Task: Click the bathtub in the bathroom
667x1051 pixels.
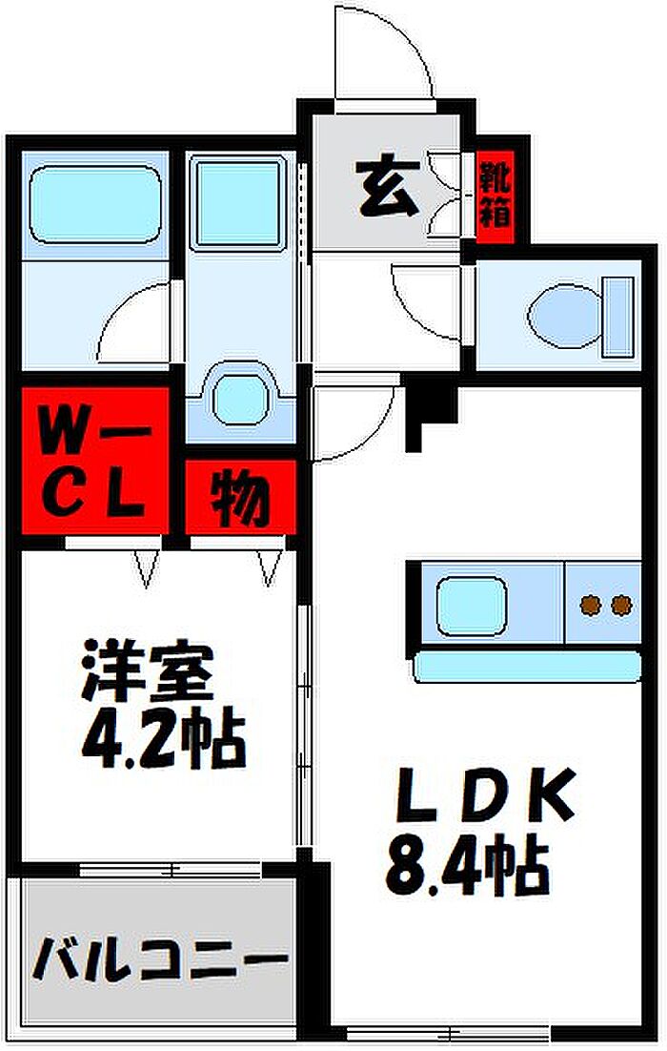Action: coord(94,204)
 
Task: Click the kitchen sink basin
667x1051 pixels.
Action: coord(472,606)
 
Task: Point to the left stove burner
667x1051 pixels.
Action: coord(590,606)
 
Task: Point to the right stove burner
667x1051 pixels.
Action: coord(621,606)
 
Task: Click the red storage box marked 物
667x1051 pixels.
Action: coord(240,497)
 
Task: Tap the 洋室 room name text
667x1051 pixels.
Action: coord(148,671)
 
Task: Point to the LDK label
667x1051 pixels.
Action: coord(484,797)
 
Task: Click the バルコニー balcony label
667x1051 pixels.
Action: coord(160,958)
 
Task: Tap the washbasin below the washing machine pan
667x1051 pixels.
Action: coord(240,401)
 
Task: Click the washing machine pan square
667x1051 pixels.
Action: coord(239,204)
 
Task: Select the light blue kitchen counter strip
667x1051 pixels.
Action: coord(526,666)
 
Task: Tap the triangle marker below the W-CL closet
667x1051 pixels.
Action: coord(148,568)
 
